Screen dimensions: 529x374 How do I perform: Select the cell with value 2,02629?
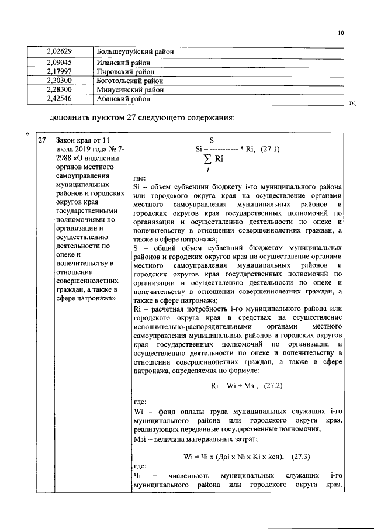[x=59, y=52]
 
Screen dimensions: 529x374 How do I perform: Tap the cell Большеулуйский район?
[x=136, y=52]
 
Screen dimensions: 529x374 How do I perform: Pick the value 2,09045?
[x=59, y=62]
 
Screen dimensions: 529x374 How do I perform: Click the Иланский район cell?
[x=123, y=62]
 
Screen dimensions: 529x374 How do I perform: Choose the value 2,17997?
[x=59, y=71]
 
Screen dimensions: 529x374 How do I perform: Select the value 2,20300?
[x=59, y=81]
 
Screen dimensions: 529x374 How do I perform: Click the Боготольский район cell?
[x=130, y=81]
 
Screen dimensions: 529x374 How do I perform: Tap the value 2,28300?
[x=59, y=90]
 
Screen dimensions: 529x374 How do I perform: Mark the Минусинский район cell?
[x=130, y=90]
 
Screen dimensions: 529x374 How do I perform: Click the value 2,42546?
[x=59, y=99]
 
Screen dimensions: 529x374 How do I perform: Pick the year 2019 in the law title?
[x=86, y=149]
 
